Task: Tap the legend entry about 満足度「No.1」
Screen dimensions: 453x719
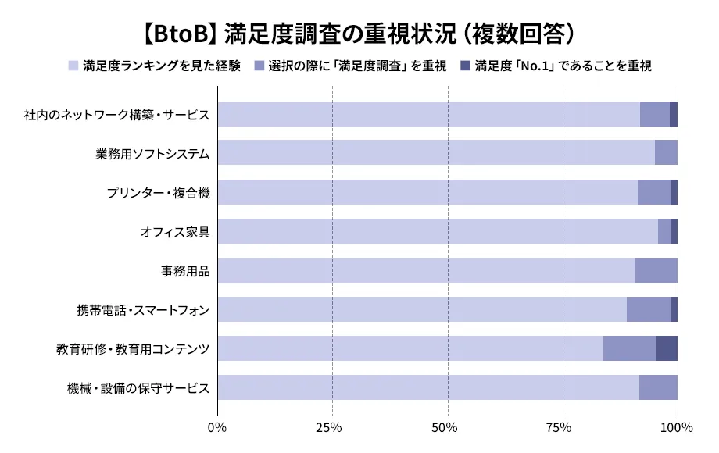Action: click(563, 66)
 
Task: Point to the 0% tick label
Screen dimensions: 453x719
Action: click(216, 427)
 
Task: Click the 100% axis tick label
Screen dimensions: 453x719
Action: click(676, 427)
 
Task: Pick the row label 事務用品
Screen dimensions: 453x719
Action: click(185, 271)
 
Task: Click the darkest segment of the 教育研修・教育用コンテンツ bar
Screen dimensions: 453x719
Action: click(667, 348)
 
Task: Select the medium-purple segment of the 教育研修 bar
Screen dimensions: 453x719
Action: click(629, 348)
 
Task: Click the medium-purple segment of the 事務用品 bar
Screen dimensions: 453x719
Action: click(656, 270)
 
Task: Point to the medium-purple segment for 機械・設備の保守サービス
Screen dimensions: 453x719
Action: click(658, 387)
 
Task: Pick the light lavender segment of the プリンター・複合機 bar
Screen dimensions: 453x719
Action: click(427, 192)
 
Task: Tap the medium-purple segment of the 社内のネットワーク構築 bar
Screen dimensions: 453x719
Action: click(654, 114)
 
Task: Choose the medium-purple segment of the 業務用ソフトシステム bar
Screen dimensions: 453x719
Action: click(666, 153)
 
